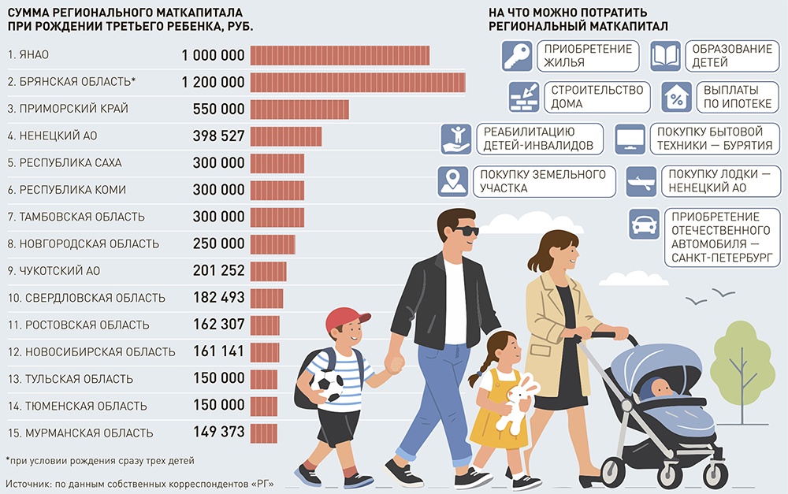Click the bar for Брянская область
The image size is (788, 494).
pyautogui.click(x=357, y=82)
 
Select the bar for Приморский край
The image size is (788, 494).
pyautogui.click(x=299, y=109)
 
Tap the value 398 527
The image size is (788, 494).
pyautogui.click(x=218, y=136)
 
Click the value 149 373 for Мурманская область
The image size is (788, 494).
pyautogui.click(x=218, y=433)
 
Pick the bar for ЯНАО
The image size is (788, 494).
pyautogui.click(x=340, y=55)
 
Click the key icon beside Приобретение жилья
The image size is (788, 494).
pyautogui.click(x=517, y=56)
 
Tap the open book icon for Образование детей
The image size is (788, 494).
pyautogui.click(x=665, y=56)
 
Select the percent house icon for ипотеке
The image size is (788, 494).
pyautogui.click(x=676, y=97)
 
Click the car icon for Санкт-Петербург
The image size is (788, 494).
pyautogui.click(x=645, y=225)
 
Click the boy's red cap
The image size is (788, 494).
pyautogui.click(x=346, y=318)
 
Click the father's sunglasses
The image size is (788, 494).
pyautogui.click(x=465, y=231)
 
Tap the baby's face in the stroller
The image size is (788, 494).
pyautogui.click(x=660, y=388)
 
